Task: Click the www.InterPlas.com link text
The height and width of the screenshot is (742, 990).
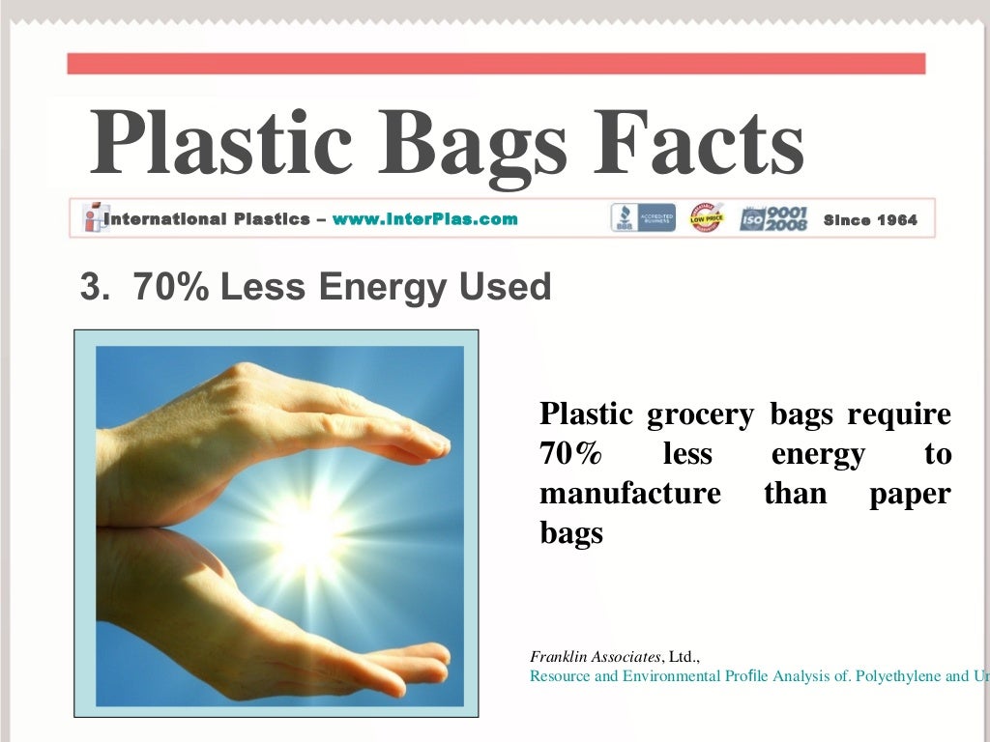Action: [424, 219]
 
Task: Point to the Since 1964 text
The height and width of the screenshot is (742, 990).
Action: [870, 220]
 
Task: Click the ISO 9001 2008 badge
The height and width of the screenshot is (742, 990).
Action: [774, 218]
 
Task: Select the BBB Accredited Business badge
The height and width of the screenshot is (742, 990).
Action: [643, 218]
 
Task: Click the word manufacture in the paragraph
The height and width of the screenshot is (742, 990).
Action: [629, 494]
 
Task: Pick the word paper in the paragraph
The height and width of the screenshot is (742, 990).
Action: [910, 495]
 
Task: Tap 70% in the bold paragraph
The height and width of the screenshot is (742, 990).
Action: [569, 454]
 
